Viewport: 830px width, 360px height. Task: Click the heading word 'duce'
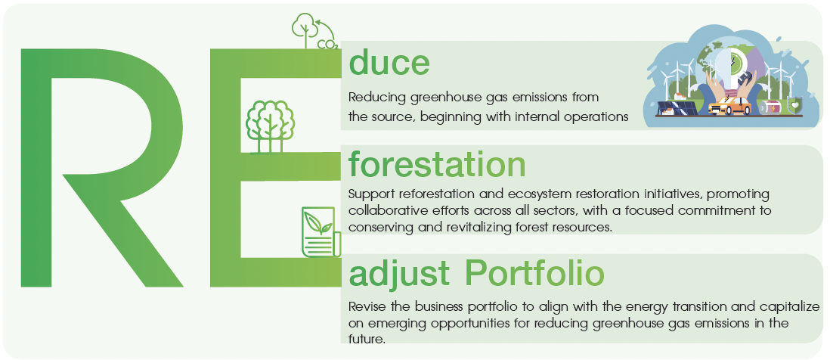point(389,63)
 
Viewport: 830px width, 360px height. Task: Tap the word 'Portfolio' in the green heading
point(534,275)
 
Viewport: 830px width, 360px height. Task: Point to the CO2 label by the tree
point(327,44)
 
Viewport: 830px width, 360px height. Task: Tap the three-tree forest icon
point(269,126)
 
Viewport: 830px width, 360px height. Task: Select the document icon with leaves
point(321,232)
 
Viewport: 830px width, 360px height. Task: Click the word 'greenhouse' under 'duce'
point(446,98)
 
